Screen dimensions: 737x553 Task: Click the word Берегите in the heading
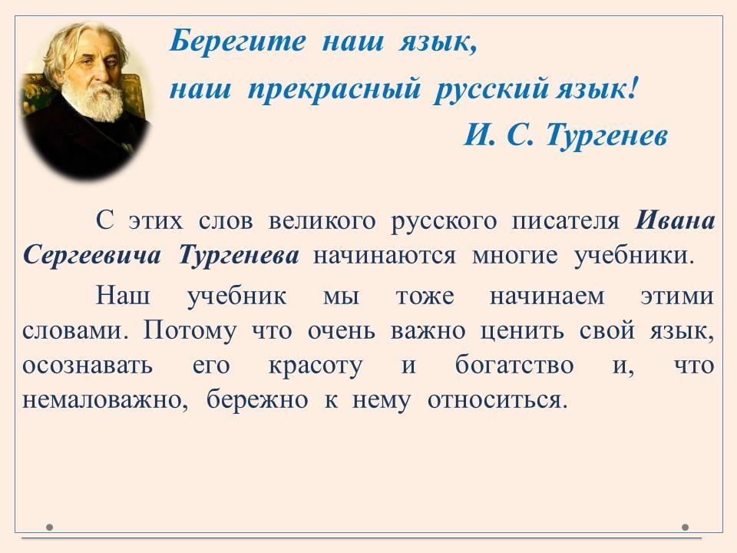point(237,41)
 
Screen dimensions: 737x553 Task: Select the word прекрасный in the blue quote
point(334,88)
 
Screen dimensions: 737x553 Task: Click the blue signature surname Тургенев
point(606,137)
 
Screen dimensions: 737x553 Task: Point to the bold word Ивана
point(675,220)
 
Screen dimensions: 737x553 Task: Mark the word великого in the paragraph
point(322,221)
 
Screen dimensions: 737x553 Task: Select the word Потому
point(190,331)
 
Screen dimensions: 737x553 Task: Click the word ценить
point(522,332)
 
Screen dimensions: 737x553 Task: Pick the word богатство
point(514,366)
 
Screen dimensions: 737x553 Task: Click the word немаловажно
point(106,401)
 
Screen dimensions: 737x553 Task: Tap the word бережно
point(257,401)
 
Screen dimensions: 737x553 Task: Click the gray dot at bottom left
point(49,527)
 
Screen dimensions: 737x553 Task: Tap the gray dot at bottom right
point(686,527)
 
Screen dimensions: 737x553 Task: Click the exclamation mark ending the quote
point(632,88)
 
